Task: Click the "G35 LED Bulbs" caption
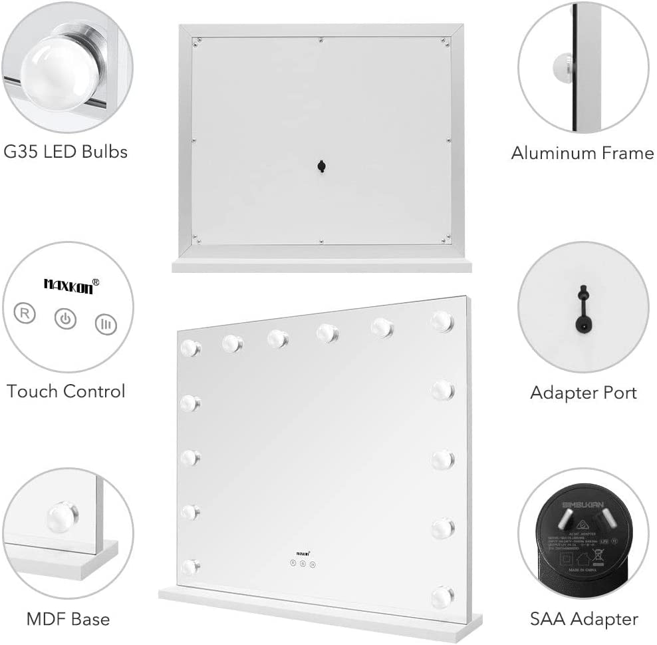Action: click(65, 152)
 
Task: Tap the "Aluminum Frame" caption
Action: click(583, 153)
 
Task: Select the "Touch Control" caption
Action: click(66, 391)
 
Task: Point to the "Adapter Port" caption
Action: click(583, 393)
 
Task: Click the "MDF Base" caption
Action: click(68, 619)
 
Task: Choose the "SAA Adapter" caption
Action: click(584, 619)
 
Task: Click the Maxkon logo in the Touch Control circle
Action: click(72, 284)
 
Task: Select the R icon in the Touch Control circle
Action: click(25, 314)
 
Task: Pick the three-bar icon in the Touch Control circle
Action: click(105, 324)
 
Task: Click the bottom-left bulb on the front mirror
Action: click(190, 567)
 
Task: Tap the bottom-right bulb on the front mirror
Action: click(442, 595)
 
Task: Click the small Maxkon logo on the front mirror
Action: click(303, 552)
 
